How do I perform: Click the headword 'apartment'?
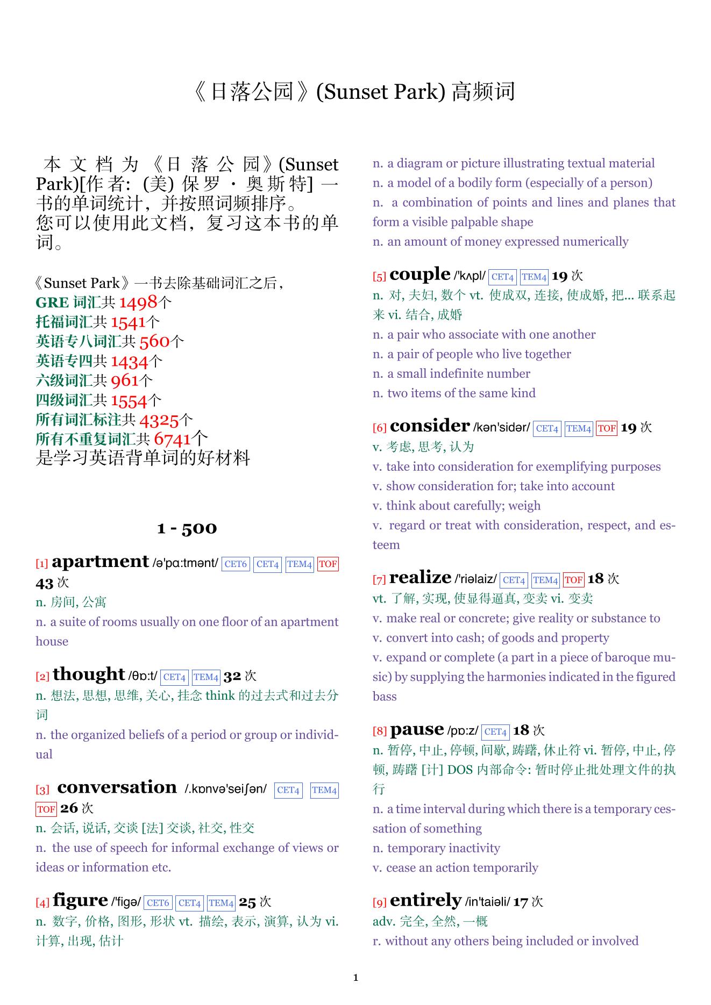(x=100, y=562)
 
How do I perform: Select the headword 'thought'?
(x=89, y=674)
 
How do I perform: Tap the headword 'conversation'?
(x=117, y=788)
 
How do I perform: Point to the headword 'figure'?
(x=81, y=901)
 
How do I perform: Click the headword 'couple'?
(x=420, y=275)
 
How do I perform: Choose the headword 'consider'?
(x=430, y=426)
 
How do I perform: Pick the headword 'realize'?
(x=420, y=578)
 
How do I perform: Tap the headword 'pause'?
(x=417, y=730)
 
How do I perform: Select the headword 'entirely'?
(x=425, y=901)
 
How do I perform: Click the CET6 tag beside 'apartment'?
(x=236, y=564)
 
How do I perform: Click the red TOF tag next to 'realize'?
(x=573, y=580)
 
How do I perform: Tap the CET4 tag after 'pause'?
(x=495, y=732)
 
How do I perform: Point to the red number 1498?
(x=138, y=303)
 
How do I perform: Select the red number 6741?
(x=172, y=439)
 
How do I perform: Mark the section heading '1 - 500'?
(x=187, y=528)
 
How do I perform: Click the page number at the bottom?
(x=355, y=978)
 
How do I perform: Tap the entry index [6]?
(x=380, y=428)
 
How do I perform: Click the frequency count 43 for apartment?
(x=45, y=583)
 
